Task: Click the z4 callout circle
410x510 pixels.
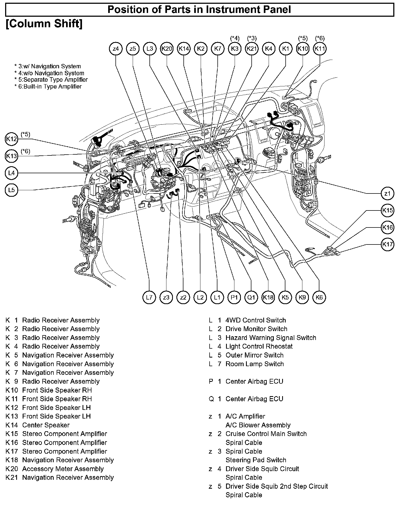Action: coord(116,49)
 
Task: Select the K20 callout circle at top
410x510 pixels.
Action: coord(167,49)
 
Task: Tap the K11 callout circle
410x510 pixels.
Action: coord(320,49)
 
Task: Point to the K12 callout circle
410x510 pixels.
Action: coord(11,139)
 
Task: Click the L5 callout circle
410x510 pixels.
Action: coord(11,190)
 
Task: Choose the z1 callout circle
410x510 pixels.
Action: coord(387,193)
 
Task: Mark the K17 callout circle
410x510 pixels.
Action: coord(387,244)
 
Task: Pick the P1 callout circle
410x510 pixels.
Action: coord(234,297)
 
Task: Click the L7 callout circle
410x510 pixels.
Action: coord(149,297)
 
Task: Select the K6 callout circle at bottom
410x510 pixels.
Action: coord(319,297)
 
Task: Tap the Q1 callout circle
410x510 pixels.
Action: coord(251,297)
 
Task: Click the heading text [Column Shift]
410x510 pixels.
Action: coord(44,24)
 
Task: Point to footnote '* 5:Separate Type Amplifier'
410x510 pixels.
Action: coord(51,80)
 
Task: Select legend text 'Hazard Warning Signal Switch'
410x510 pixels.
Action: coord(271,338)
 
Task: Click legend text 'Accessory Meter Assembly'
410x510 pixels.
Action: coord(63,469)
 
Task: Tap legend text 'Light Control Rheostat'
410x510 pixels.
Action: coord(259,346)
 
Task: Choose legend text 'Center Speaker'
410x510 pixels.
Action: coord(46,425)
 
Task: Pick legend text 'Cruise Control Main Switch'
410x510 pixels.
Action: coord(266,434)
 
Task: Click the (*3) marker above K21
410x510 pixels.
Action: coord(252,38)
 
